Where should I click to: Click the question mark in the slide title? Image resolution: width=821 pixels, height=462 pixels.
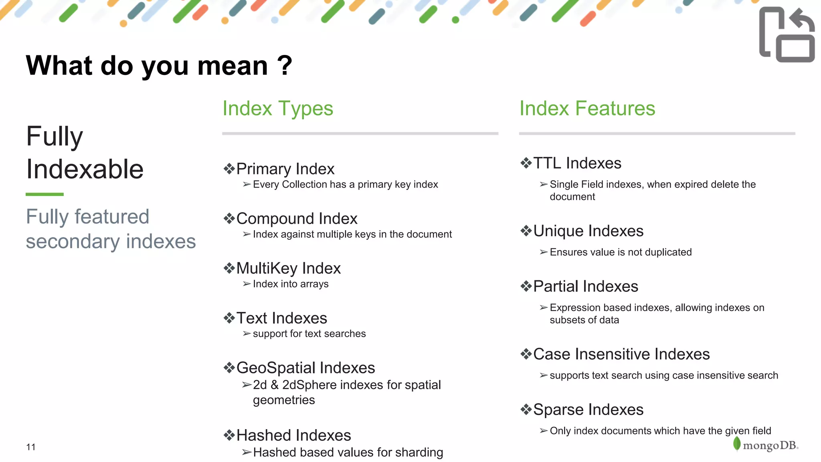point(285,65)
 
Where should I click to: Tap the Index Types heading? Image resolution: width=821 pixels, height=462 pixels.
point(278,108)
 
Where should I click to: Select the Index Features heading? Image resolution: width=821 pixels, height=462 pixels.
point(587,108)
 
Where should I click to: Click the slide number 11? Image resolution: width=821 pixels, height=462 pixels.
point(31,447)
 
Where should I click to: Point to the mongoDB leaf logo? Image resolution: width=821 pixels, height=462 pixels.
point(736,444)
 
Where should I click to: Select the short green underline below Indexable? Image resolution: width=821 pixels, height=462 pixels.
point(44,194)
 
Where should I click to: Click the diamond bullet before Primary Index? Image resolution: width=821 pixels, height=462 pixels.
point(229,169)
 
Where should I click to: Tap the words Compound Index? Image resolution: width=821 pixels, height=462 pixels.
point(297,219)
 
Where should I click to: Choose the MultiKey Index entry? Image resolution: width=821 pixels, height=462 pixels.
point(288,268)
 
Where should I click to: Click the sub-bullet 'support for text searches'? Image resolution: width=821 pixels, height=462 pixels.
point(309,334)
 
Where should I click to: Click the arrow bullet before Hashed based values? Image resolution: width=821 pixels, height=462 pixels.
point(247,452)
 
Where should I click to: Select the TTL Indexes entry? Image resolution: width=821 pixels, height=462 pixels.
point(577,163)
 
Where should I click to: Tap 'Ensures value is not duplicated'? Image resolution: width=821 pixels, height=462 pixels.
point(621,252)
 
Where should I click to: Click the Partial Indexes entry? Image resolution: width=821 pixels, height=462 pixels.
point(585,286)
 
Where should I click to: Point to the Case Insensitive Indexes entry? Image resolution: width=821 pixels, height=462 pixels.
point(621,354)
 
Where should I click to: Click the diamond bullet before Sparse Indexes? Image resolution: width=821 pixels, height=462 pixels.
point(526,409)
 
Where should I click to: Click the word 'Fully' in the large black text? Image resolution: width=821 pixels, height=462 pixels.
point(55,136)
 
